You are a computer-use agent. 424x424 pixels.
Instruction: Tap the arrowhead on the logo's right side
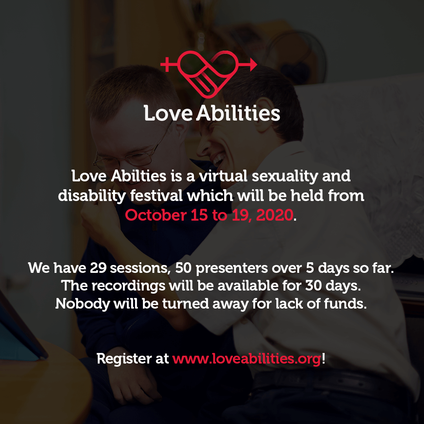click(x=253, y=64)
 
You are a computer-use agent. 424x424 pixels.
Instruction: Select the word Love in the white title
click(x=168, y=113)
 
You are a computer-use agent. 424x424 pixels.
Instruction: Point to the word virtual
click(x=223, y=176)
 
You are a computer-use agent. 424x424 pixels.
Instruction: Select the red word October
click(x=156, y=215)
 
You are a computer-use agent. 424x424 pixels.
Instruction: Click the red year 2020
click(x=274, y=215)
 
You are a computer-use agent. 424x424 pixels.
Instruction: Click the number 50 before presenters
click(x=183, y=268)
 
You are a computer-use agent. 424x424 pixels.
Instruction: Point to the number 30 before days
click(x=314, y=286)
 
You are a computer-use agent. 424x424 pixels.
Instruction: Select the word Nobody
click(x=82, y=303)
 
